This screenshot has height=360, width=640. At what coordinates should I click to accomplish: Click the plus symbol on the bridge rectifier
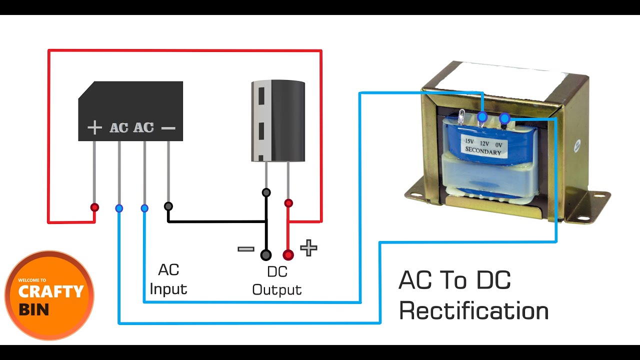pyautogui.click(x=94, y=128)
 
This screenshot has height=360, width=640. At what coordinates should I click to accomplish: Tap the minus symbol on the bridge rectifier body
pyautogui.click(x=168, y=128)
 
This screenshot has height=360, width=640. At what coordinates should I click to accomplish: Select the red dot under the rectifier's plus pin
pyautogui.click(x=94, y=207)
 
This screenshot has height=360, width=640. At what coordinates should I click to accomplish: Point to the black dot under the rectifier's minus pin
pyautogui.click(x=168, y=206)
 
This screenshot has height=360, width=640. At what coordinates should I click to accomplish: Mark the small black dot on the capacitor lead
pyautogui.click(x=266, y=192)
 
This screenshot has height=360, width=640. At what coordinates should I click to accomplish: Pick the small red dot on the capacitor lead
pyautogui.click(x=288, y=203)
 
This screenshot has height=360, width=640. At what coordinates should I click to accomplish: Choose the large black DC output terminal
pyautogui.click(x=266, y=255)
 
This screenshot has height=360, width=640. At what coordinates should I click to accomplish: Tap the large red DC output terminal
pyautogui.click(x=288, y=255)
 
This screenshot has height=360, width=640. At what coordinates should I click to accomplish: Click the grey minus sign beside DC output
pyautogui.click(x=245, y=248)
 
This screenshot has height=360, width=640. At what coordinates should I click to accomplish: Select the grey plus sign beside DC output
pyautogui.click(x=308, y=247)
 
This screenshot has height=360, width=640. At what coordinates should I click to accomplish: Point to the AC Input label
pyautogui.click(x=168, y=279)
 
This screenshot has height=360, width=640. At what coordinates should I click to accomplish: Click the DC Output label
pyautogui.click(x=277, y=280)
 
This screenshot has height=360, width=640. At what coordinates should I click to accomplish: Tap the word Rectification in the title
pyautogui.click(x=473, y=311)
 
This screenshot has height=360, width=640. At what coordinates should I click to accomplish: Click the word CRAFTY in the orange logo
pyautogui.click(x=51, y=291)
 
